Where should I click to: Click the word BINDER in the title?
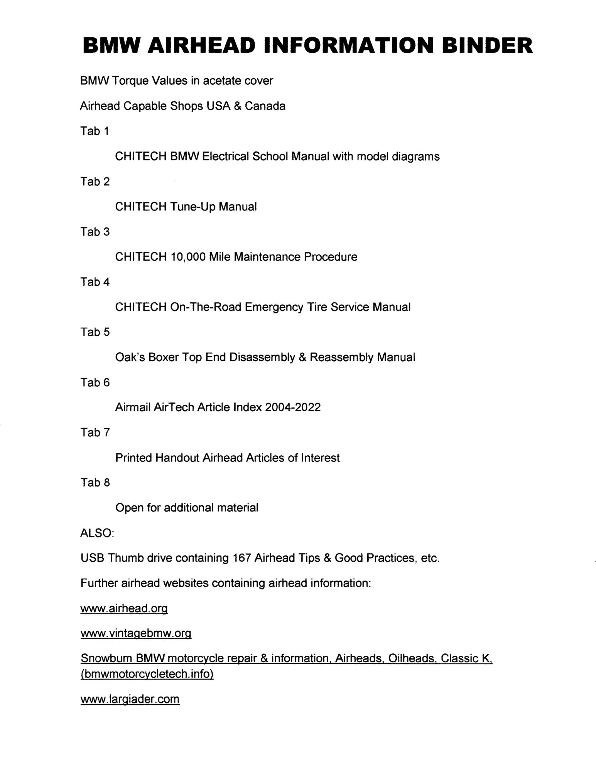[487, 45]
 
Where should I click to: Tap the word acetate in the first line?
[223, 81]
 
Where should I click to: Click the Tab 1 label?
[95, 131]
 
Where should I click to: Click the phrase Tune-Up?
[192, 207]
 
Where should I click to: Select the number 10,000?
[187, 257]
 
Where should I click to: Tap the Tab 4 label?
[95, 282]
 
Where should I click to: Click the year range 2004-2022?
[293, 407]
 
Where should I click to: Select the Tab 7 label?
[95, 433]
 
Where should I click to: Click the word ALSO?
[97, 533]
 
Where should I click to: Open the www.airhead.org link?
[124, 609]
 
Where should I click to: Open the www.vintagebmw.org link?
[136, 634]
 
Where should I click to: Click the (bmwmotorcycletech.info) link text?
[147, 674]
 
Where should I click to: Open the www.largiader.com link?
[130, 699]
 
